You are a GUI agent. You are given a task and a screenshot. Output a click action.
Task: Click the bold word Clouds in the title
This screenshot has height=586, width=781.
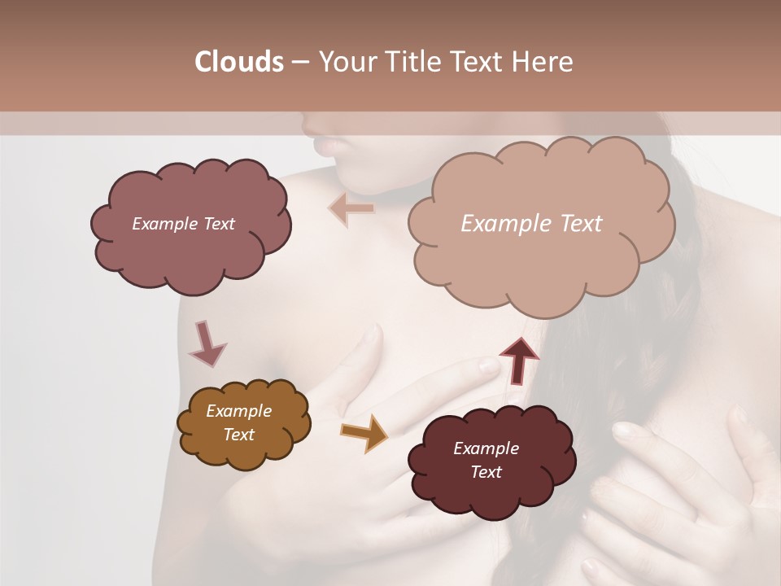pos(238,62)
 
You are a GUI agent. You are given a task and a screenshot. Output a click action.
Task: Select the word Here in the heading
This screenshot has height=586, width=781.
pos(543,62)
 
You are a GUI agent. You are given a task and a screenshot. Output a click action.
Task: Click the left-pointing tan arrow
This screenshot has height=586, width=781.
pos(352,208)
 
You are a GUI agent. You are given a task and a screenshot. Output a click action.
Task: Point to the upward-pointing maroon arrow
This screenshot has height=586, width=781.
pos(518,359)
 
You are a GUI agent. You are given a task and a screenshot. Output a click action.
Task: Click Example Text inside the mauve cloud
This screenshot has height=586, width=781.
pos(183,224)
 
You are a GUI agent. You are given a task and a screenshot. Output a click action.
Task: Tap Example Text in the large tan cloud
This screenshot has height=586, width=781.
pos(531,224)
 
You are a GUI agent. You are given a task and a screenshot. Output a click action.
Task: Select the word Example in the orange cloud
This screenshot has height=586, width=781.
pos(238,411)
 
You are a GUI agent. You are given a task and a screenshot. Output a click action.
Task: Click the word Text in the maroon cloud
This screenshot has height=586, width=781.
pos(486,472)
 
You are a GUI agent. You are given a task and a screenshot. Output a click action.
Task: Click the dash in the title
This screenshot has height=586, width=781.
pos(299,62)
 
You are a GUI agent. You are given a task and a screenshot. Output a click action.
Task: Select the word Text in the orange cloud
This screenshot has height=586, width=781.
pos(238,435)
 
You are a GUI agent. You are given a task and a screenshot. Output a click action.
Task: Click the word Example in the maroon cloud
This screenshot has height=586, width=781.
pos(486,448)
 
